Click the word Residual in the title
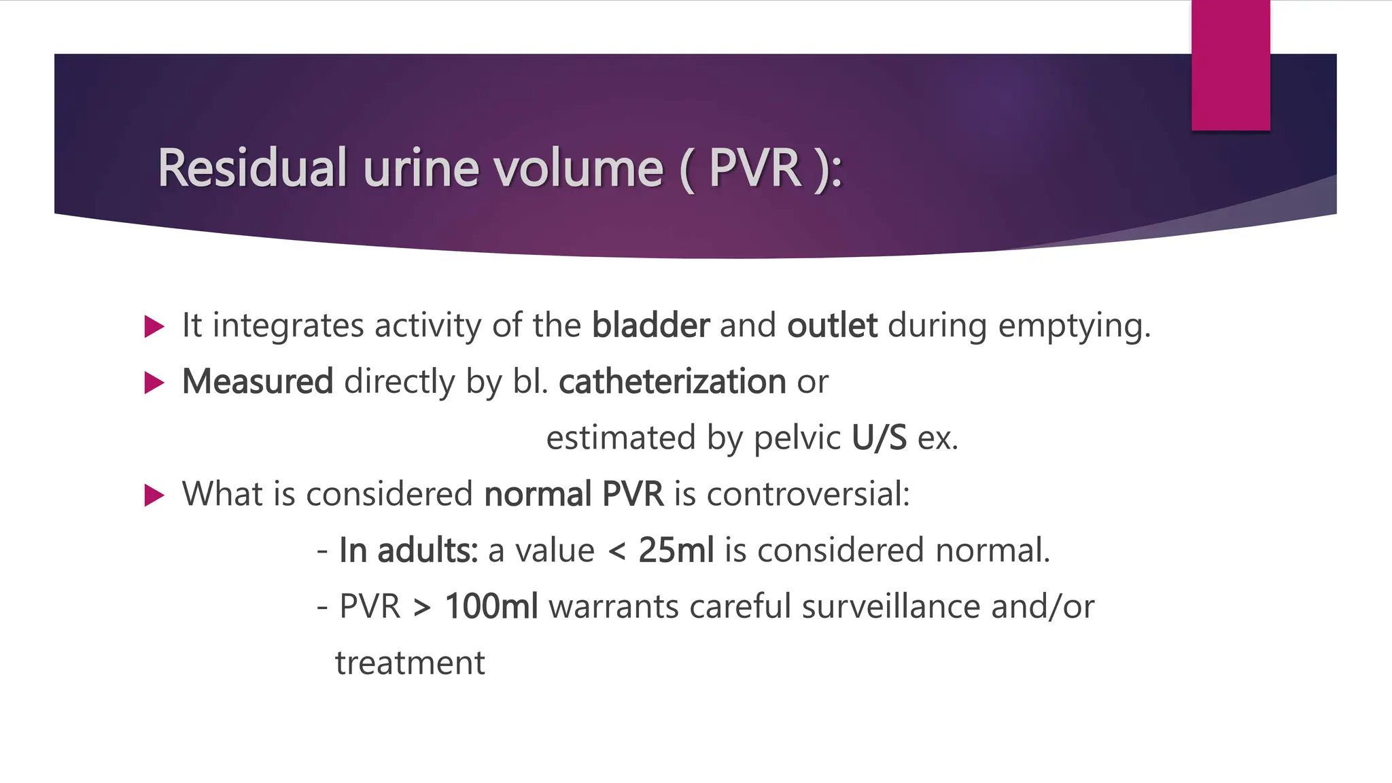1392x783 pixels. coord(252,168)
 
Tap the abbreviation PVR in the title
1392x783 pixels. coord(754,168)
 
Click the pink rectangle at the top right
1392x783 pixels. coord(1230,65)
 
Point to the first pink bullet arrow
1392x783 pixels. coord(154,327)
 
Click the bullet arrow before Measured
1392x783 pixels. coord(154,383)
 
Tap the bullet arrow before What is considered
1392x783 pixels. coord(154,495)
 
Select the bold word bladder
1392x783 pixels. coord(650,325)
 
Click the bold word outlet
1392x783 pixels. coord(832,325)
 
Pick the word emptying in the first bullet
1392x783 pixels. coord(1073,326)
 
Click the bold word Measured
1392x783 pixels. coord(258,381)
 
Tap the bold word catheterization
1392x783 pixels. coord(672,381)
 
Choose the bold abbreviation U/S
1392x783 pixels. coord(879,438)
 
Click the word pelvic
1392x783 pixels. coord(797,438)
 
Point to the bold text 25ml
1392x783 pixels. coord(676,550)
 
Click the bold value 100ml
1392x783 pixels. coord(491,606)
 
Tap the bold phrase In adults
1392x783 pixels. coord(408,550)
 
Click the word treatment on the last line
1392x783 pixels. coord(410,663)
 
